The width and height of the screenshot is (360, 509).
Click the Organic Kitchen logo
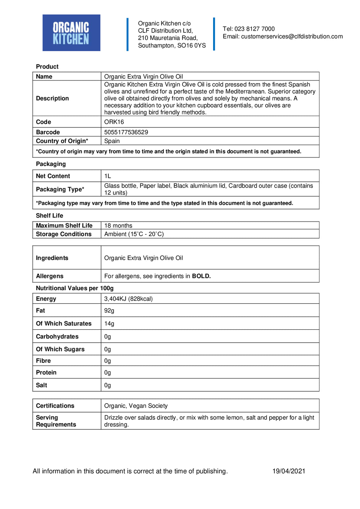tap(71, 33)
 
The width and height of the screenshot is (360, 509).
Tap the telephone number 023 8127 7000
tap(255, 29)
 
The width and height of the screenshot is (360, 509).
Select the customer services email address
tap(292, 36)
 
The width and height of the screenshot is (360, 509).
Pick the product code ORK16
tap(114, 122)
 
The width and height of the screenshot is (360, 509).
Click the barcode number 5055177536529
tap(126, 132)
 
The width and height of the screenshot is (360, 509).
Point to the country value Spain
tap(112, 141)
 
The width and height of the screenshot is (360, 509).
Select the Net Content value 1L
tap(108, 176)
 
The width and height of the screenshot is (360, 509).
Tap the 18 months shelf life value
tap(118, 226)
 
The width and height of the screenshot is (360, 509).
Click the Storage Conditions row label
tap(64, 234)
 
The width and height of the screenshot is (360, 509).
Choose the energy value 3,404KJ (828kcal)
tap(128, 299)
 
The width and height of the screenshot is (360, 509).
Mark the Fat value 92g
tap(109, 311)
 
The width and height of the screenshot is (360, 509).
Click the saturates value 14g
tap(109, 324)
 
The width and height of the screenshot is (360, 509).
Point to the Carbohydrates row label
tap(57, 337)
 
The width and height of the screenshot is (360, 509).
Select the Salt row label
tap(41, 385)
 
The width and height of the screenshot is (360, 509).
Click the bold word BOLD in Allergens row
tap(201, 276)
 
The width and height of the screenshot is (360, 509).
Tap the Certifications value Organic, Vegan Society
tap(136, 406)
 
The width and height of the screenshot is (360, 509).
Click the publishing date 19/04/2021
tap(289, 471)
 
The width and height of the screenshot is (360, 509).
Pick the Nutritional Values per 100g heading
tap(75, 288)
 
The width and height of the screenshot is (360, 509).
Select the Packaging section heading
tap(51, 164)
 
